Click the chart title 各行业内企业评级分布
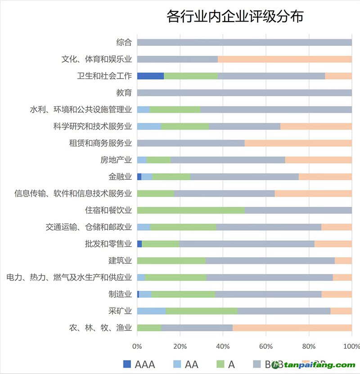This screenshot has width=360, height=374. point(234,17)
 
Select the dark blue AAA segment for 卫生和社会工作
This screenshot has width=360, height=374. point(150,76)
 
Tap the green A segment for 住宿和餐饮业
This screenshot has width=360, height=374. point(190,210)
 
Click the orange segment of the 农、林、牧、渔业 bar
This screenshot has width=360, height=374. point(292,328)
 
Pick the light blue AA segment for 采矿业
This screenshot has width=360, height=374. point(151,311)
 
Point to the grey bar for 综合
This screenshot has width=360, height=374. point(244,42)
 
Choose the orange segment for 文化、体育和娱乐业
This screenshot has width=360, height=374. point(284,59)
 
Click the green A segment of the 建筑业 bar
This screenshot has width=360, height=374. point(171,261)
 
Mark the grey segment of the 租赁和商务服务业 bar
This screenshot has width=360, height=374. point(190,143)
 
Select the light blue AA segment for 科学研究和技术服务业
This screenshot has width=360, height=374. point(149,126)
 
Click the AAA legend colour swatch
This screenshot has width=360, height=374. point(127,364)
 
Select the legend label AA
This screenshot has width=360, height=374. point(192,364)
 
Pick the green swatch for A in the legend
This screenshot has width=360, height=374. point(220,364)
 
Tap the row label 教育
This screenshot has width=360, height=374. point(124,93)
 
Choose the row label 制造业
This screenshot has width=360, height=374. point(120,294)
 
